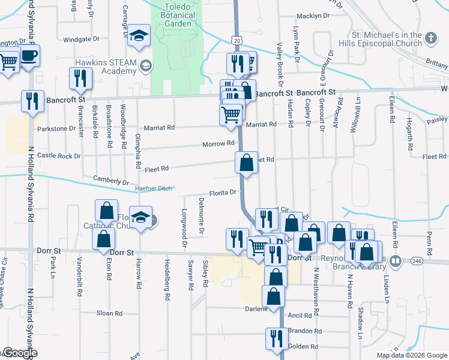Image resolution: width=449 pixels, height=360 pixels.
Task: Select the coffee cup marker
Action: (x=29, y=56)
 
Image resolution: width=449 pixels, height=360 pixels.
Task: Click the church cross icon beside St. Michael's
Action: (x=431, y=39)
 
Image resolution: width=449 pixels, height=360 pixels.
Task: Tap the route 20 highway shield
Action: (x=237, y=40)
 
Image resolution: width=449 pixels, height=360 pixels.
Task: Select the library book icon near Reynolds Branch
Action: (x=395, y=262)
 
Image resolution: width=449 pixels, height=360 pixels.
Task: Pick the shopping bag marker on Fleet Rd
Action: (x=246, y=162)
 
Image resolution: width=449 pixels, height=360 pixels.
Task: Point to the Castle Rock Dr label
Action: (x=59, y=155)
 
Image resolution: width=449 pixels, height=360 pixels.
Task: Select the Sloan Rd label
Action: (x=109, y=313)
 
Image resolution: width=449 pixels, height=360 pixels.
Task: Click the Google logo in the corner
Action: (x=19, y=353)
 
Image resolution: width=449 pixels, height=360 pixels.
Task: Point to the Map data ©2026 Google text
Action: (x=412, y=355)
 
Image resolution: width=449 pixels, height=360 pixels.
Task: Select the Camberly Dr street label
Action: (x=111, y=181)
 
